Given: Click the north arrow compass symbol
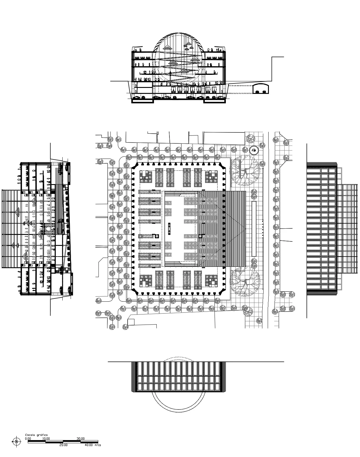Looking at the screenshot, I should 16,441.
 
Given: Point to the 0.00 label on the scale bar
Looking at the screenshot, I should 28,438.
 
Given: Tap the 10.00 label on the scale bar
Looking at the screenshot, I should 46,438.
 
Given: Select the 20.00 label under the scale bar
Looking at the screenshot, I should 63,445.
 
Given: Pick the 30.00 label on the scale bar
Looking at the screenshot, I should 80,438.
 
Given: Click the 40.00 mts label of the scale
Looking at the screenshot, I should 93,445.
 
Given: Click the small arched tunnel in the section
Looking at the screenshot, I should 261,89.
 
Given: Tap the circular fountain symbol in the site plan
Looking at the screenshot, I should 254,150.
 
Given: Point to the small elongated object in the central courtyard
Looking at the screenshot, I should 169,229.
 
